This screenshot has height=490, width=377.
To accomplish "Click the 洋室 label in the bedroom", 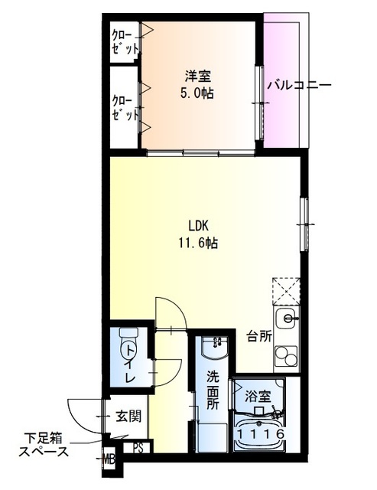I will tap(197, 77).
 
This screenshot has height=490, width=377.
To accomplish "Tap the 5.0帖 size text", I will tap(197, 93).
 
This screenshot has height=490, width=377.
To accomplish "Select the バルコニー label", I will tap(299, 86).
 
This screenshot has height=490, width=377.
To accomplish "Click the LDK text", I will tap(200, 226).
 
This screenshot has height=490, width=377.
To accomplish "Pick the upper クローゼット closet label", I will tap(123, 41).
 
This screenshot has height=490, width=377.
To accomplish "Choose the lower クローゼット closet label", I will tap(123, 108).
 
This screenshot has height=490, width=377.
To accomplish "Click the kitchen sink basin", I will tap(287, 318).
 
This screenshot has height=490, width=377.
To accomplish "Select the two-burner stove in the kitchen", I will tap(287, 357).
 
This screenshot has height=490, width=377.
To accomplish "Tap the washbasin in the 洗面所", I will tap(216, 351).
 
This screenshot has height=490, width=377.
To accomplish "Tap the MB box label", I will tap(111, 460).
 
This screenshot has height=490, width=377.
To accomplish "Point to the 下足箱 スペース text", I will tap(44, 444).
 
